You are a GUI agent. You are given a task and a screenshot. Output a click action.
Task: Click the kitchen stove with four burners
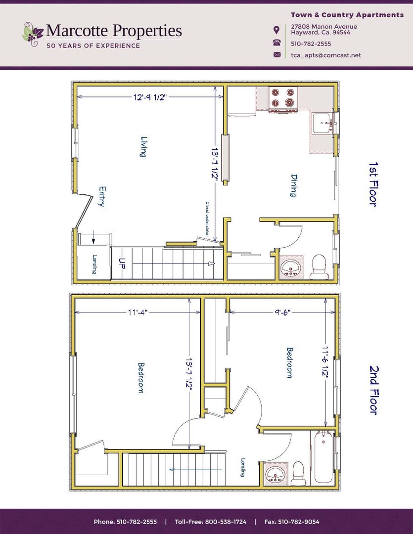(283, 98)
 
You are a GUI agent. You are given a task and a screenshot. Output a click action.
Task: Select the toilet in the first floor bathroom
(320, 266)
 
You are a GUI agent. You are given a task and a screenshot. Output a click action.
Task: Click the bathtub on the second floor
(323, 456)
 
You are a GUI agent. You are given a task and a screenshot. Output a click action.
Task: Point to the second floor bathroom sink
(275, 475)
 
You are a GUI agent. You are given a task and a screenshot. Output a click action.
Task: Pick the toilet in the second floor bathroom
(299, 474)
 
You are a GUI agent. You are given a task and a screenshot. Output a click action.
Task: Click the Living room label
(143, 147)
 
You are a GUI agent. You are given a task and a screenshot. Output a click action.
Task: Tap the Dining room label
(293, 185)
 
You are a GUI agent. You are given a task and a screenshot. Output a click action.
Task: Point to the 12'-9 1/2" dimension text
(150, 97)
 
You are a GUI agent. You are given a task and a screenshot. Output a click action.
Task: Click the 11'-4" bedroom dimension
(138, 312)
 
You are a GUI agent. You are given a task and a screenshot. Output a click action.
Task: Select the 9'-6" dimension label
(280, 312)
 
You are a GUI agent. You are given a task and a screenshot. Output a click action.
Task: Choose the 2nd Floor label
(374, 390)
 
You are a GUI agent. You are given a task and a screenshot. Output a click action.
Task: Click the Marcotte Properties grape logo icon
(33, 34)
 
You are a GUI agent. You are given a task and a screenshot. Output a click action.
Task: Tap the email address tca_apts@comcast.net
(325, 55)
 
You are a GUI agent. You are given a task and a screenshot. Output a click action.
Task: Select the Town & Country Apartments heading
(347, 15)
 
